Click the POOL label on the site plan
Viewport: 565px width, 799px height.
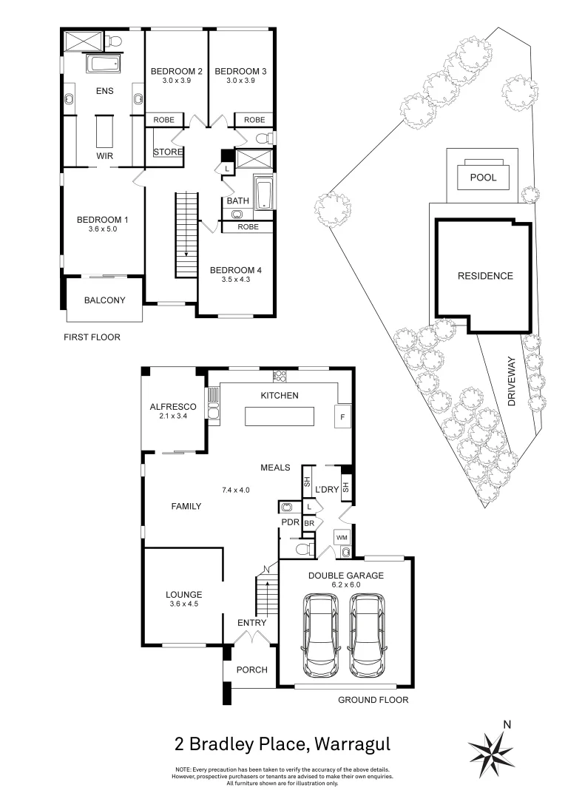[x=484, y=178]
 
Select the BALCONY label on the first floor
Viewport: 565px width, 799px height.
[x=104, y=300]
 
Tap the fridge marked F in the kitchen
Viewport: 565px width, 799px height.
[x=343, y=416]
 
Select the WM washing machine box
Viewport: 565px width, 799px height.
[x=342, y=536]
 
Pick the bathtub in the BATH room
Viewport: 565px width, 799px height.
[x=263, y=191]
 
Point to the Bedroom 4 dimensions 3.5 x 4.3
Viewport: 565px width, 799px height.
[x=235, y=280]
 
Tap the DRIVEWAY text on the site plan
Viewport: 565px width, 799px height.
[x=511, y=384]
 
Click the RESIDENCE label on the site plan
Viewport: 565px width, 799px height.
[x=484, y=276]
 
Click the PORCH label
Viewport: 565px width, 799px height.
[x=251, y=670]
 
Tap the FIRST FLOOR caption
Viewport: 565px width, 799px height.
[x=92, y=337]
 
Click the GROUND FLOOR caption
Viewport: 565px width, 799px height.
[x=373, y=699]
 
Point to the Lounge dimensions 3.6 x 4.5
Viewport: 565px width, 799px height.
[x=183, y=604]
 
